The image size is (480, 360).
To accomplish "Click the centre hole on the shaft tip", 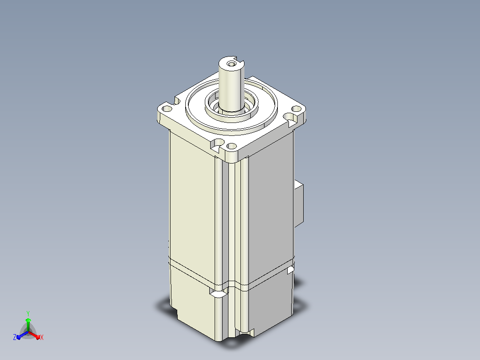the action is click(x=231, y=64).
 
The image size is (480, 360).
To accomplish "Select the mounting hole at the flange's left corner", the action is click(x=167, y=109).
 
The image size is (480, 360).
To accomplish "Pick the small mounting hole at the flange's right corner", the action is click(x=297, y=108).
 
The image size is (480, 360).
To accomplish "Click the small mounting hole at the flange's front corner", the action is click(x=232, y=146).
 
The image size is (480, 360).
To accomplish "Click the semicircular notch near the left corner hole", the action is click(x=177, y=101).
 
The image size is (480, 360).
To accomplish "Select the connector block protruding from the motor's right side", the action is click(x=299, y=204).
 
